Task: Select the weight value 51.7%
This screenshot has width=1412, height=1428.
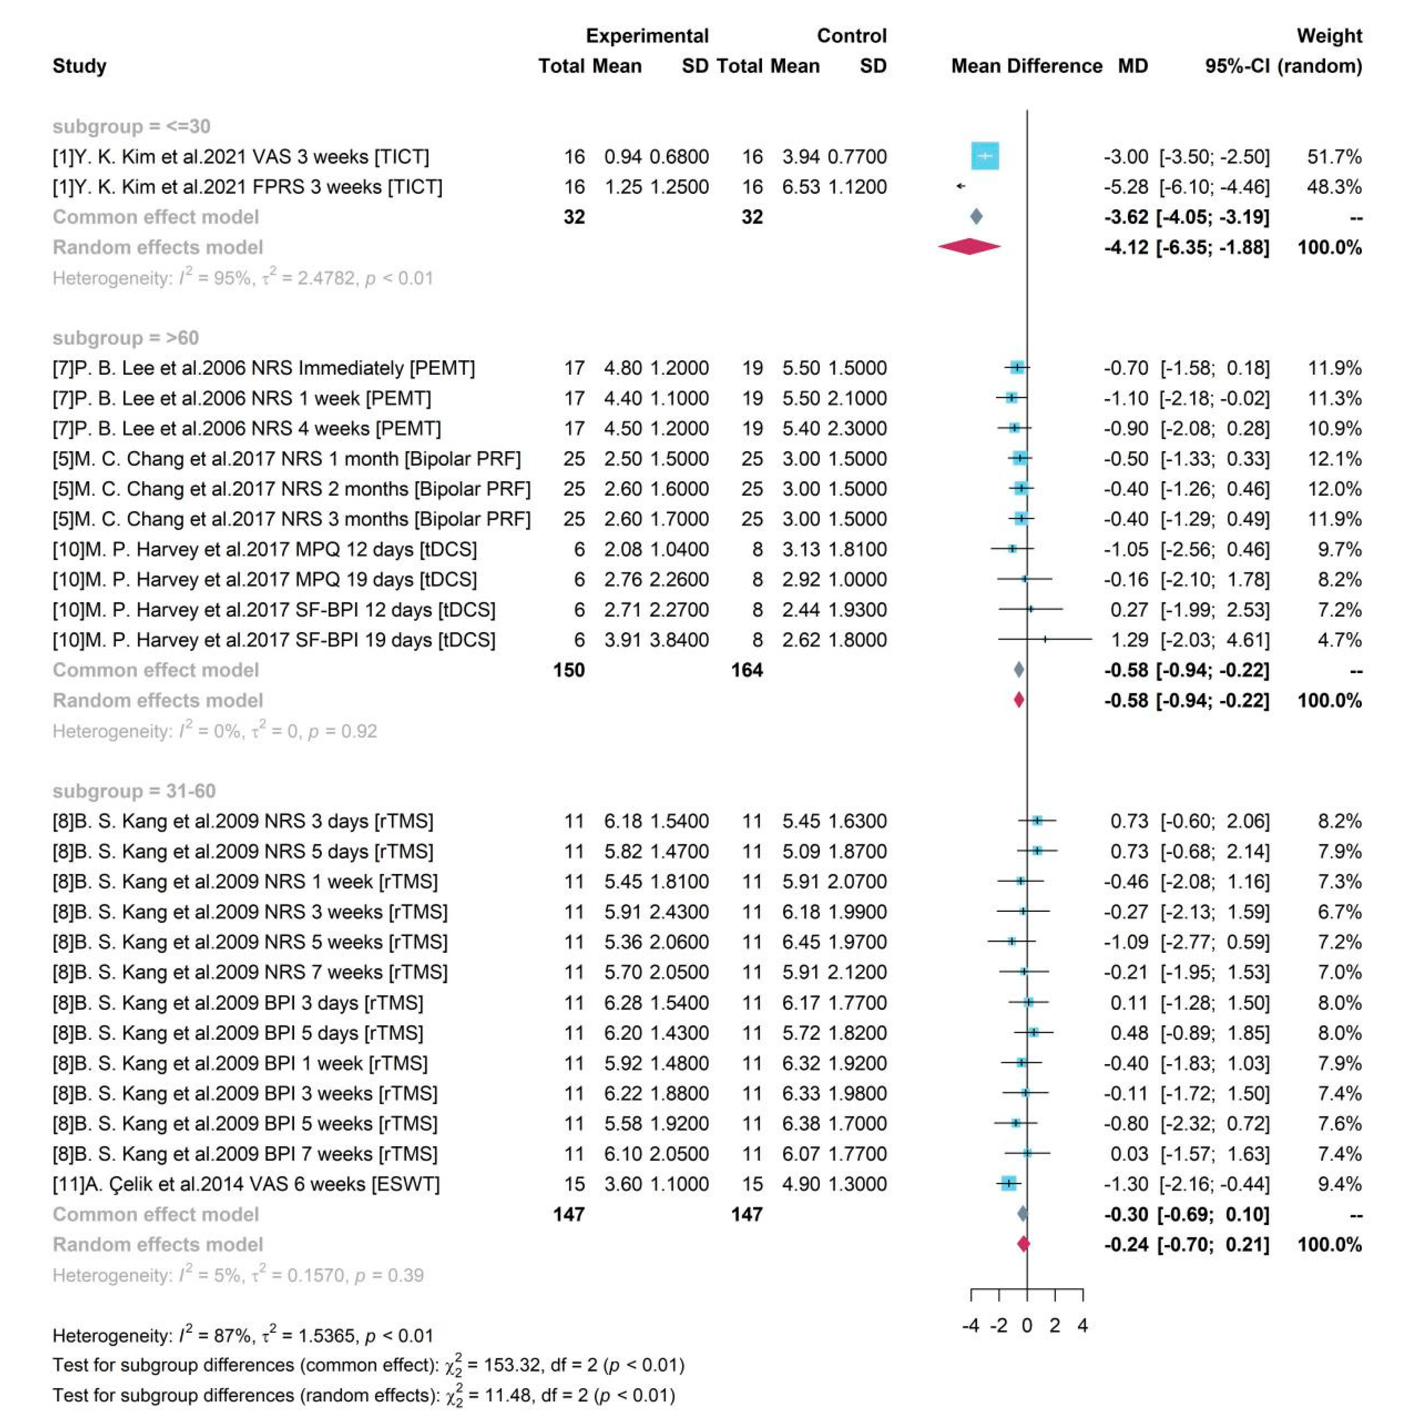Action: (x=1334, y=156)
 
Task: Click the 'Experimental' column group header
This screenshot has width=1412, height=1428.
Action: (x=647, y=35)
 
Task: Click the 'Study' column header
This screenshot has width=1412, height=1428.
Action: (x=79, y=66)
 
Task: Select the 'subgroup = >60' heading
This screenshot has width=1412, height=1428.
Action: (x=126, y=338)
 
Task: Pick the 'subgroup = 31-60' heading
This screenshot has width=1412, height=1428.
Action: (x=134, y=791)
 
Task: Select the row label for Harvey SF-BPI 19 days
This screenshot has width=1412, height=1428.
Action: (x=274, y=640)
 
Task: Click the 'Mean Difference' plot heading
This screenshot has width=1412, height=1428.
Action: (x=1026, y=66)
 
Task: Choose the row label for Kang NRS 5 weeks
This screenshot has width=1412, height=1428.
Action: (x=250, y=942)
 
